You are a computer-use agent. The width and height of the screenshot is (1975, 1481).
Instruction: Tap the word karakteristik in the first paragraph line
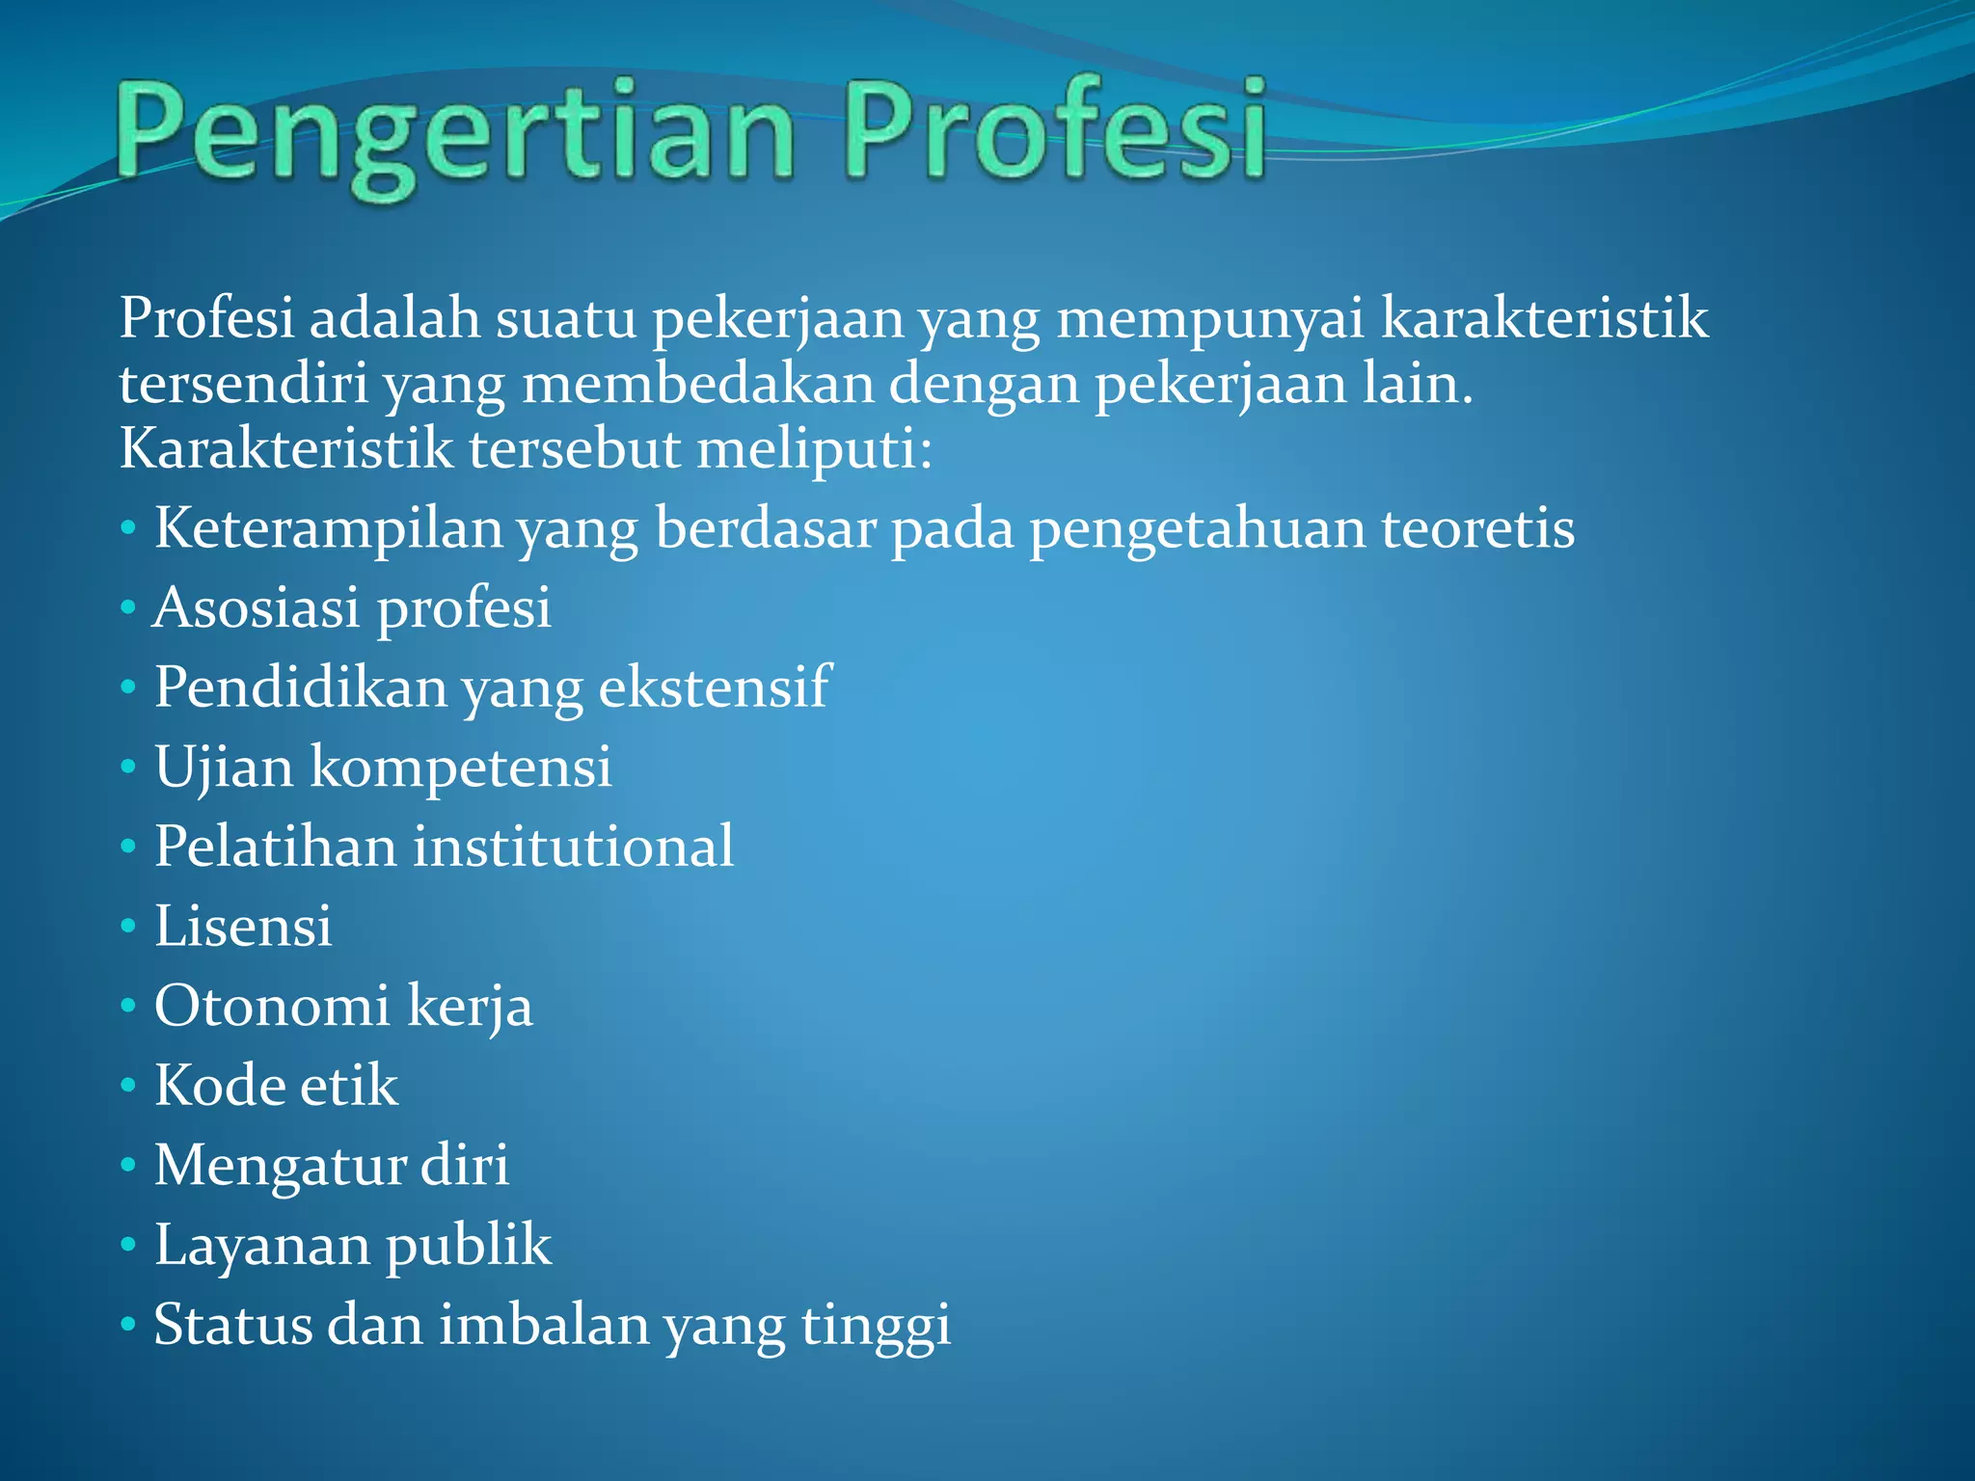(x=1544, y=317)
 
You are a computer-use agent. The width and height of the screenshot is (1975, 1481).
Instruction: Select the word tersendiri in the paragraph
(x=243, y=383)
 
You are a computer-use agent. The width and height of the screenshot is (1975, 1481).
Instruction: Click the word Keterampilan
(x=329, y=529)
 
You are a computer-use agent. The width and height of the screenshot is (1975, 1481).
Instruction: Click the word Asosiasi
(x=257, y=608)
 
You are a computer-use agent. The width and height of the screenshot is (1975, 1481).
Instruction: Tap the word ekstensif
(x=714, y=687)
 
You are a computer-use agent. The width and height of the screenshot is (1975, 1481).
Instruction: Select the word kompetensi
(x=461, y=767)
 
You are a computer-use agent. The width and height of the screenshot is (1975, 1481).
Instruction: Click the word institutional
(x=574, y=847)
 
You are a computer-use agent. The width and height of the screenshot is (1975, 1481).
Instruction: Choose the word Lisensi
(x=243, y=927)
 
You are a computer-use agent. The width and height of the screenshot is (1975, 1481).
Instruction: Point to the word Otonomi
(x=272, y=1006)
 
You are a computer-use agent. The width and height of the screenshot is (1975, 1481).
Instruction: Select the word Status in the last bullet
(x=233, y=1324)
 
